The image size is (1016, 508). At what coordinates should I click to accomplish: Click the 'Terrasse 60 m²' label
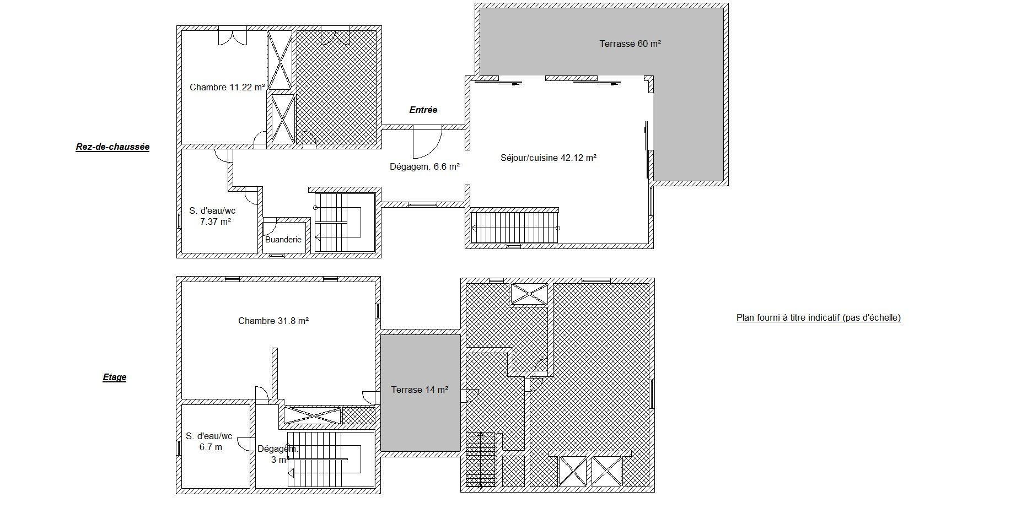coord(630,44)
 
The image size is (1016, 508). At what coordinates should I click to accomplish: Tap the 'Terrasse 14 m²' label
coord(420,390)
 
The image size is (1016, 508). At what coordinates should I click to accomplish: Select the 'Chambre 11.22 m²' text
coord(227,87)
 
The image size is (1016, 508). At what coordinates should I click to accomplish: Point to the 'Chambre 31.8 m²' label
coord(273,321)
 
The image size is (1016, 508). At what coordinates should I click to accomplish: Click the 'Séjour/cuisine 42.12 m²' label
coord(549,158)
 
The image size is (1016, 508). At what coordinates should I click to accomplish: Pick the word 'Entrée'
coord(423,110)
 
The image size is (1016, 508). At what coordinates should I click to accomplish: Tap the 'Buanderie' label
coord(283,240)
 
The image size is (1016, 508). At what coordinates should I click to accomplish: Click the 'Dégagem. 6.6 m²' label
coord(424,166)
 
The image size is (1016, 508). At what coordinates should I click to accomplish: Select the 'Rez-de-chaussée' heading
coord(112,147)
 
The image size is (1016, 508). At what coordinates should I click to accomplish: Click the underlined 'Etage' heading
coord(115,377)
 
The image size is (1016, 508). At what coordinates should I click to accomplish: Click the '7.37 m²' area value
coord(216,221)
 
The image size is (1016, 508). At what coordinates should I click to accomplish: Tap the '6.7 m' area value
coord(211,447)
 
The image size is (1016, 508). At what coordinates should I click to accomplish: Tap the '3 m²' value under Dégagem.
coord(280,459)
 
